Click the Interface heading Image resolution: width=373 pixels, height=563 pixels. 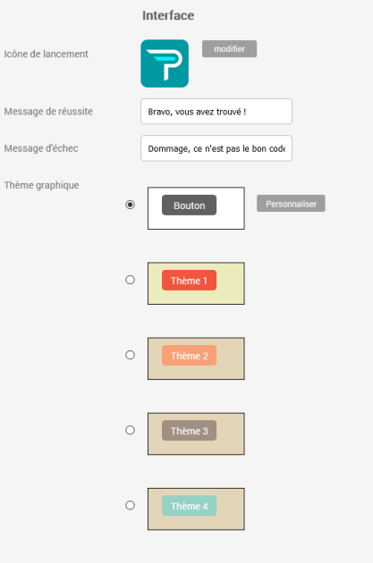pos(168,15)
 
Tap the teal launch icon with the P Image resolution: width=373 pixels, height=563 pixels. pos(165,63)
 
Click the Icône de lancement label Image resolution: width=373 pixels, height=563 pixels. pos(46,54)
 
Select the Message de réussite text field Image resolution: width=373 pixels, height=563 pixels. pos(216,112)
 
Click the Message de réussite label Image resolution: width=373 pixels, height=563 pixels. pos(48,112)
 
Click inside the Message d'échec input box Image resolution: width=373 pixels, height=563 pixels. pos(216,148)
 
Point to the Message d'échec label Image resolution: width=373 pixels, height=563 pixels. pos(41,148)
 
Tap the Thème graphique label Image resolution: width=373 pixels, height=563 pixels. pos(41,185)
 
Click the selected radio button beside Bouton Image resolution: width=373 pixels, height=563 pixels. pos(130,205)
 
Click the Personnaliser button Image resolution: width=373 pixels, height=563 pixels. pos(291,204)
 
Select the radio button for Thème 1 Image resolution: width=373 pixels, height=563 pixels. pos(130,280)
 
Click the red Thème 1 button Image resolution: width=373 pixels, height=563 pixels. pos(189,280)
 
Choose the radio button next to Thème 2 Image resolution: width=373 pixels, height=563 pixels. pos(130,355)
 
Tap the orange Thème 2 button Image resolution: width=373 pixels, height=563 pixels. pos(189,356)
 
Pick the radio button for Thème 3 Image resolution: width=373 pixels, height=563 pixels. pos(130,430)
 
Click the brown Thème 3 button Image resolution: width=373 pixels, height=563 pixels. pos(189,431)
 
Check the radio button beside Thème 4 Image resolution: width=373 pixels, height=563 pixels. pos(130,505)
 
